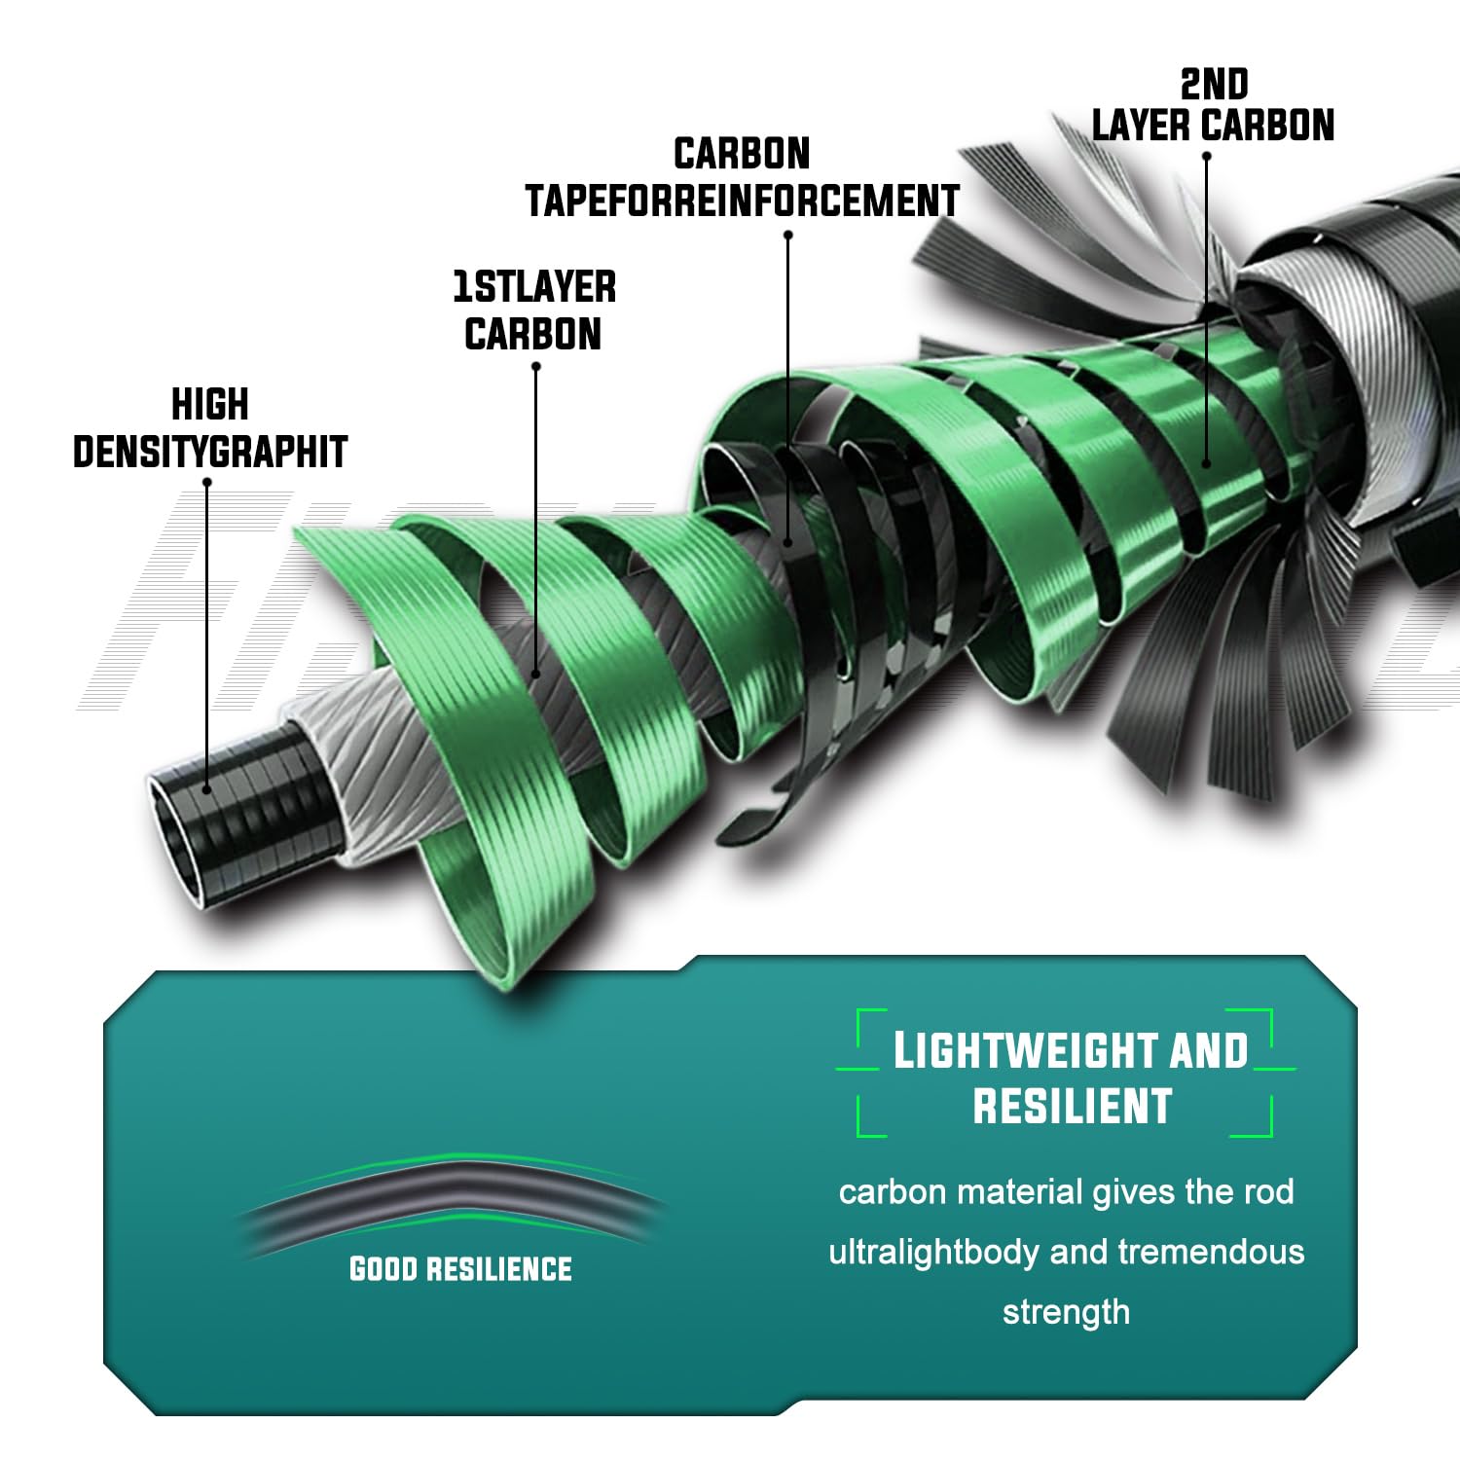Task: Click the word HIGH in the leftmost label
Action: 210,405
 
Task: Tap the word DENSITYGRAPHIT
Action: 210,452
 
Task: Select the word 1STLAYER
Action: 534,288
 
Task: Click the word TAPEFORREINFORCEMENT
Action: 743,201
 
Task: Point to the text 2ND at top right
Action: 1214,86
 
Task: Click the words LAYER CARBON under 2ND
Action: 1213,127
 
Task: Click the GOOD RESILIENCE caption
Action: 460,1269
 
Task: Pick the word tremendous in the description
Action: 1211,1252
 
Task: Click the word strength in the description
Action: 1067,1312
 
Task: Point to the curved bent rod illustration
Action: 453,1195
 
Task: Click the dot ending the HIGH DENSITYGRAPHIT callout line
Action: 207,788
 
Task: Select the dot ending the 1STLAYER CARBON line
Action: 535,673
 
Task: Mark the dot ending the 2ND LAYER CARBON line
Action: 1207,463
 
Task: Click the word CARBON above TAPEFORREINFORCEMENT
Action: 742,155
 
